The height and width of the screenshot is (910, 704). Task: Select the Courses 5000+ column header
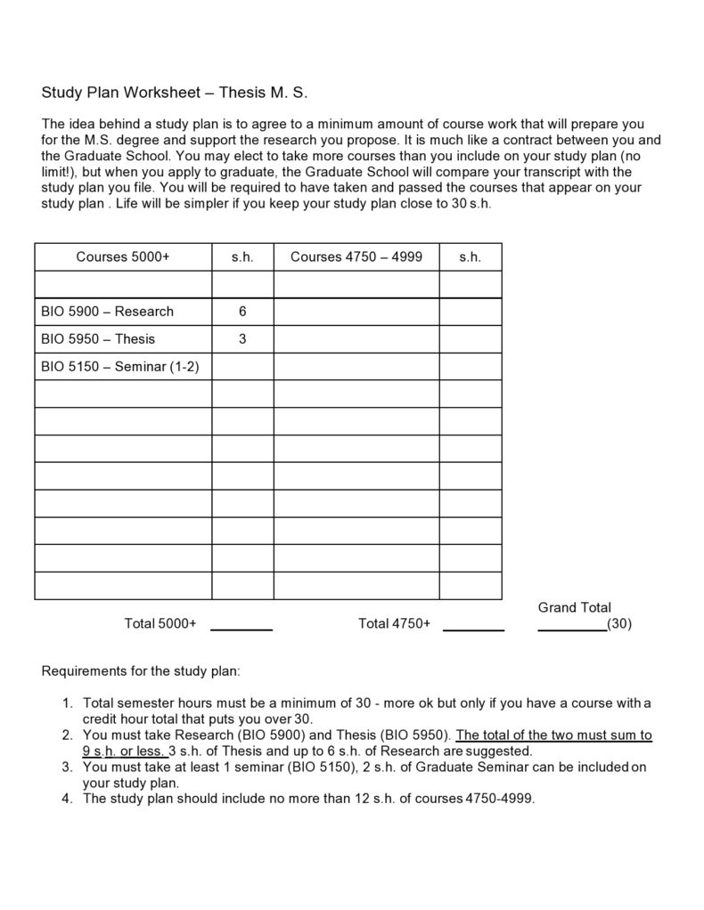click(x=123, y=257)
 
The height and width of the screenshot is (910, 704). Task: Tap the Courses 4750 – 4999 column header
click(x=356, y=257)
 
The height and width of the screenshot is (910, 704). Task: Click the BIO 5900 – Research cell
click(x=108, y=312)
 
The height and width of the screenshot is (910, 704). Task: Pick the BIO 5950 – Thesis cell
click(x=98, y=339)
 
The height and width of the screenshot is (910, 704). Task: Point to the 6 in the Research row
click(x=242, y=312)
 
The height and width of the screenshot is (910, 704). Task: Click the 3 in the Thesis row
click(x=242, y=339)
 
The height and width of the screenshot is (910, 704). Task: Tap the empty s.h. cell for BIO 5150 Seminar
click(x=242, y=366)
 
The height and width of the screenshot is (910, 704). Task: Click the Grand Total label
click(x=575, y=608)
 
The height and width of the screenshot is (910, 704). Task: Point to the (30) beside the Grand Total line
click(x=619, y=624)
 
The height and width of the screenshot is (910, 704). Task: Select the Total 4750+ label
click(x=394, y=624)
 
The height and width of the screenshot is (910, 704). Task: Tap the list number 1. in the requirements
click(x=68, y=703)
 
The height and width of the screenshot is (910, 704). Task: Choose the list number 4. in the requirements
click(x=68, y=799)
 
